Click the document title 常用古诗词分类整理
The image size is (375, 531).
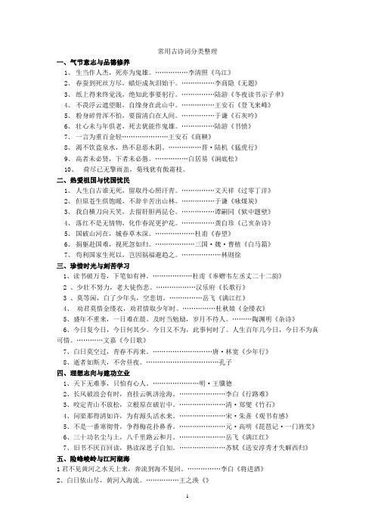click(x=187, y=51)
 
